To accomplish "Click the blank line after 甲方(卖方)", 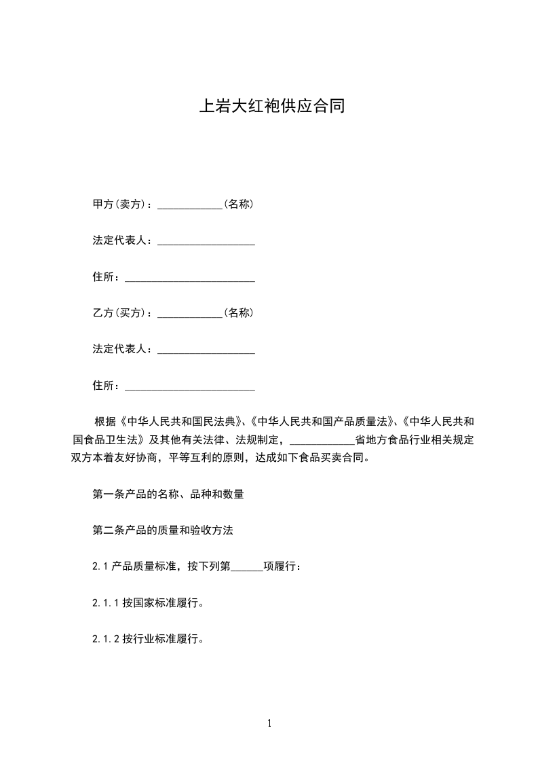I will (190, 205).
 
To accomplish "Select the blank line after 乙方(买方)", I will (190, 314).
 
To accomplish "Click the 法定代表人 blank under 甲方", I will (206, 242).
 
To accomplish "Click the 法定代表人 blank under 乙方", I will (206, 350).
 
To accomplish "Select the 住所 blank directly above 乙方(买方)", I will (190, 278).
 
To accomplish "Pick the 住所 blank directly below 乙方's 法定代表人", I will (190, 387).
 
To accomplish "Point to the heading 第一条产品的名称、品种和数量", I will (168, 494).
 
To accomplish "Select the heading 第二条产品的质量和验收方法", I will (163, 530).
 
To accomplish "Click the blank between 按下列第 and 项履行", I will (247, 568).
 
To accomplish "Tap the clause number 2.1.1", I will (106, 602).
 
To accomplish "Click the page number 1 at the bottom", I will (269, 723).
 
